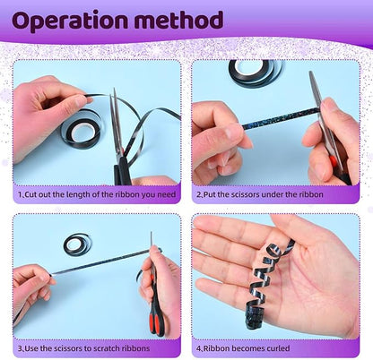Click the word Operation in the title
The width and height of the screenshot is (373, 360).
pos(69,21)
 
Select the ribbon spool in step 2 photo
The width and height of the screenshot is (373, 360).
pos(256,73)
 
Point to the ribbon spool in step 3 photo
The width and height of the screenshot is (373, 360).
pos(77,244)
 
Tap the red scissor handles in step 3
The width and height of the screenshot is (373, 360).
pos(159,316)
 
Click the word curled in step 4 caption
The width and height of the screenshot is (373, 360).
pos(277,348)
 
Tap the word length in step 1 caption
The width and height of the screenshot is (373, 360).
pos(77,194)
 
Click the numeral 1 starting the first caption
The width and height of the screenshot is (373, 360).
pos(20,195)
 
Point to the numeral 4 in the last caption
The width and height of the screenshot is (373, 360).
pos(198,348)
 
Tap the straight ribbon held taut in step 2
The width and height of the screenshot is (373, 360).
pos(280,118)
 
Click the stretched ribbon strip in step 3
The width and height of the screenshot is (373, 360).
pos(101,261)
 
